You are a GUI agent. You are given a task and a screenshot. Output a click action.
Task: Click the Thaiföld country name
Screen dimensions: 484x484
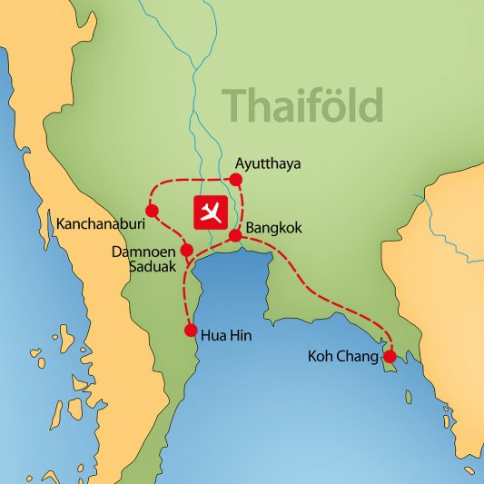tap(303, 105)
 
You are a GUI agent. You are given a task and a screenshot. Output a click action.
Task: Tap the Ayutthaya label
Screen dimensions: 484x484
tap(267, 164)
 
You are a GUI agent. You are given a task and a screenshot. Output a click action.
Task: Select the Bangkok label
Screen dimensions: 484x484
tap(274, 229)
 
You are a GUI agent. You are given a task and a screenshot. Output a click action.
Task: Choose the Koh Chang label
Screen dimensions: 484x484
tap(341, 358)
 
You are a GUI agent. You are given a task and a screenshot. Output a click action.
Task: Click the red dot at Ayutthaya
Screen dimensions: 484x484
tap(236, 179)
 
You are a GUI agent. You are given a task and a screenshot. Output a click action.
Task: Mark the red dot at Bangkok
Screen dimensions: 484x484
tap(234, 236)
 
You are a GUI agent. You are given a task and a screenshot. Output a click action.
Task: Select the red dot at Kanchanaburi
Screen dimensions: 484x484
tap(152, 212)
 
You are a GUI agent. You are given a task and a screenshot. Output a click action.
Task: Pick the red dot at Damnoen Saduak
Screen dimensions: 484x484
tap(186, 250)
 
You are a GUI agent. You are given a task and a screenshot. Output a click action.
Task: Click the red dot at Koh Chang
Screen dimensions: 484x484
tap(390, 356)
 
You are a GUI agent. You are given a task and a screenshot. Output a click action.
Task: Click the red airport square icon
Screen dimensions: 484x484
tap(211, 212)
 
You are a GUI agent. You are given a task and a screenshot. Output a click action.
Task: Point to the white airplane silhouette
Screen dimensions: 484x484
tap(211, 212)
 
